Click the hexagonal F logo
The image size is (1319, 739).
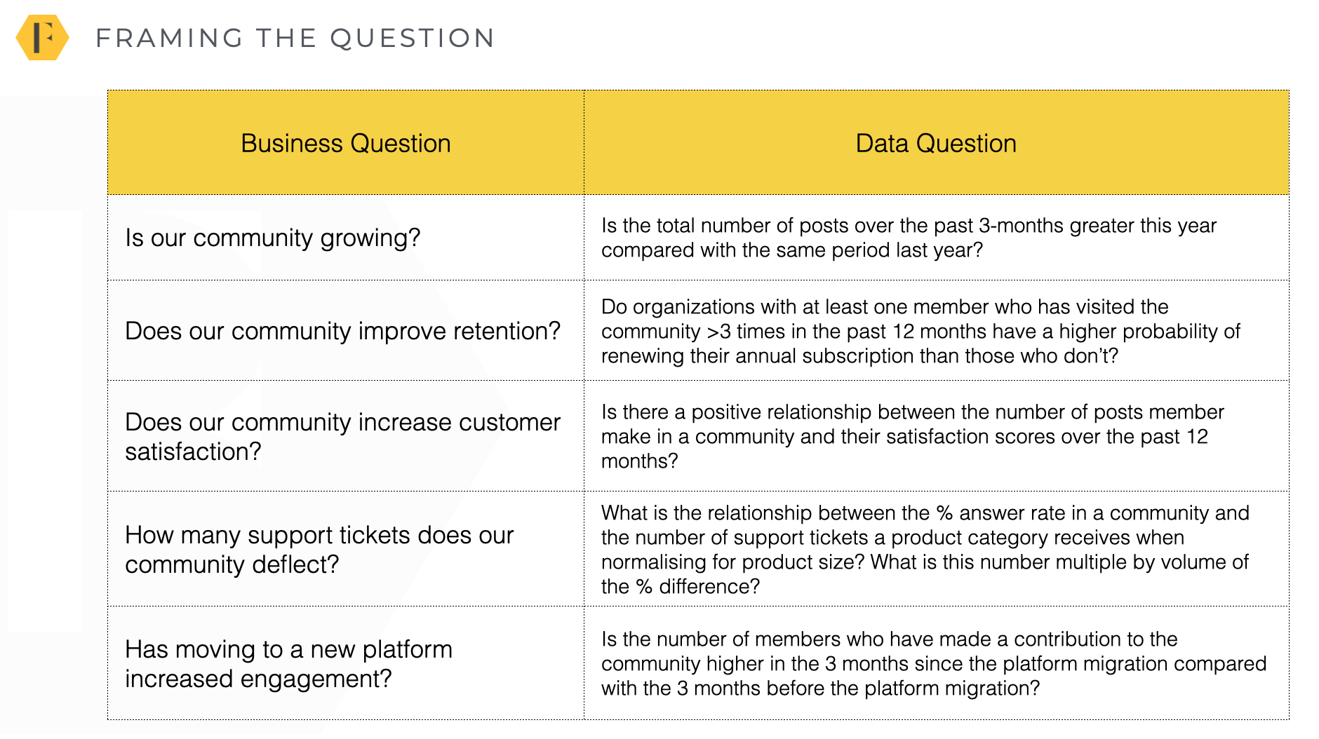click(42, 37)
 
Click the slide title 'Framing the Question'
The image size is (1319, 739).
click(295, 38)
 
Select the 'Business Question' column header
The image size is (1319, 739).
click(346, 143)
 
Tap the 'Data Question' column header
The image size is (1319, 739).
click(936, 143)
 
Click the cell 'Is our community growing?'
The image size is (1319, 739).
click(273, 238)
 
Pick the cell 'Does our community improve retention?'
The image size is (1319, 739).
click(343, 331)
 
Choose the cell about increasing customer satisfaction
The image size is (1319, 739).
click(343, 436)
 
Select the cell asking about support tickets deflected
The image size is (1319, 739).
click(319, 549)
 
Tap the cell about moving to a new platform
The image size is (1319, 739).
click(289, 663)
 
